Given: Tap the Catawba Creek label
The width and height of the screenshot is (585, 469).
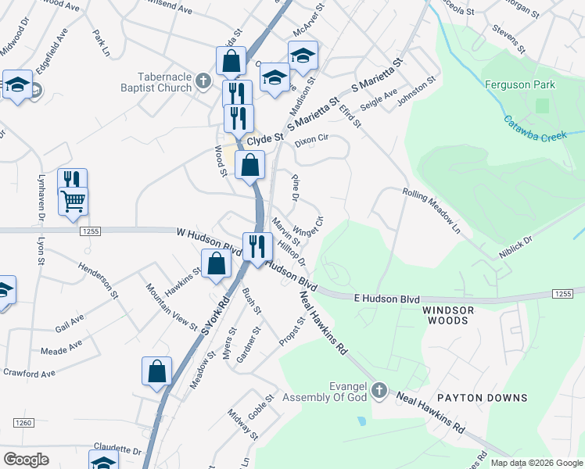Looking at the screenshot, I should [534, 129].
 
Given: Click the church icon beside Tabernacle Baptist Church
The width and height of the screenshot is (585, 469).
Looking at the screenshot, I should [203, 80].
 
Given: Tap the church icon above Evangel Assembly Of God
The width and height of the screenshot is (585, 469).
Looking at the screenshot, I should [379, 389].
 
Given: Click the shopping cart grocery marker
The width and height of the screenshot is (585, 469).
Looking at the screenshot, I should [73, 202].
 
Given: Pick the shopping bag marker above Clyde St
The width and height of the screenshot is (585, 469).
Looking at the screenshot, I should [231, 61].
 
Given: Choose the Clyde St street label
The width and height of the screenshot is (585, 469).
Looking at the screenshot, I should [264, 139].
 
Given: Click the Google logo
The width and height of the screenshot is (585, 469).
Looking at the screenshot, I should [26, 460].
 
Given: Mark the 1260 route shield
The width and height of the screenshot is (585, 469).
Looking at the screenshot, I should [23, 423].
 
